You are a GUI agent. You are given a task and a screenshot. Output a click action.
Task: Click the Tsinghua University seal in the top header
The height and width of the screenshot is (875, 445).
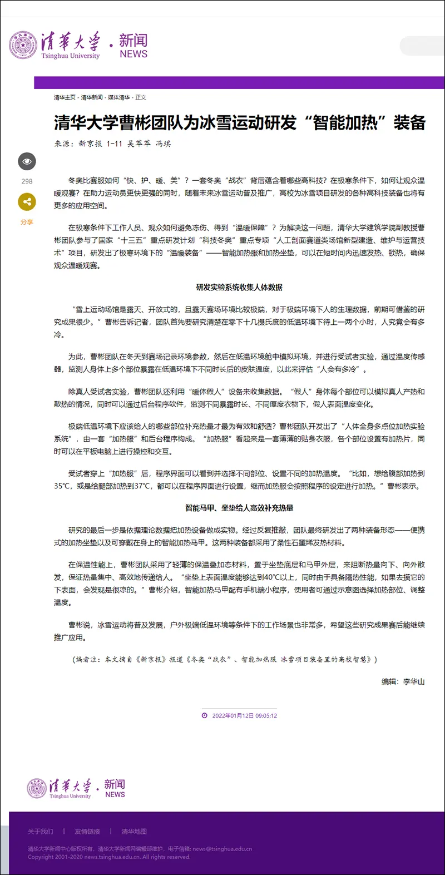pyautogui.click(x=23, y=45)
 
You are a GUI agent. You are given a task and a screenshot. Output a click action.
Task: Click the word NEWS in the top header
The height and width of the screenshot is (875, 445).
pyautogui.click(x=133, y=54)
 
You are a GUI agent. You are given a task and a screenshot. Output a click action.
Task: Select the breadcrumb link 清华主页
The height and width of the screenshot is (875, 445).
pyautogui.click(x=65, y=97)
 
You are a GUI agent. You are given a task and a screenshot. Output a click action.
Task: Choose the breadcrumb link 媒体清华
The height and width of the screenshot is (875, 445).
pyautogui.click(x=118, y=97)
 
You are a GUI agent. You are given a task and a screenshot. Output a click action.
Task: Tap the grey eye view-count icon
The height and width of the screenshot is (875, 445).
pyautogui.click(x=27, y=162)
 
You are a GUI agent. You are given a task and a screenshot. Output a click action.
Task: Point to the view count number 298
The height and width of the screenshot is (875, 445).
pyautogui.click(x=27, y=181)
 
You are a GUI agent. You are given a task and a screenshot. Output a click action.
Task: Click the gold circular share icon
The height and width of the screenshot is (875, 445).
pyautogui.click(x=27, y=202)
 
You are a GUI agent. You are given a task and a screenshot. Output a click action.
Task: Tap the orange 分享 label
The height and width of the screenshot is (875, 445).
pyautogui.click(x=27, y=222)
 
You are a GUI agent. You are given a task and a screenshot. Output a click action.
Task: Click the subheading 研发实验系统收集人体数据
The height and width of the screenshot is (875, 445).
pyautogui.click(x=239, y=287)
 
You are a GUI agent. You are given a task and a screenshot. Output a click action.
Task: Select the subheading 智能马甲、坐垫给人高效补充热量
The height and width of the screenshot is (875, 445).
pyautogui.click(x=239, y=508)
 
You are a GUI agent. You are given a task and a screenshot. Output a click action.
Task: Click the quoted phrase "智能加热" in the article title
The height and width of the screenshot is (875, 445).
pyautogui.click(x=345, y=122)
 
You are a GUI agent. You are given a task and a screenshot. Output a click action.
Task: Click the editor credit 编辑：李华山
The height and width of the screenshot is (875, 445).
pyautogui.click(x=403, y=681)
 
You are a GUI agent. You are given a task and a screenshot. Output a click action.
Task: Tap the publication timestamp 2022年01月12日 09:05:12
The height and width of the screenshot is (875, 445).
pyautogui.click(x=244, y=715)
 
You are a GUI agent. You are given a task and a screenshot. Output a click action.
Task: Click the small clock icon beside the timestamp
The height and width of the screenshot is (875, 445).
pyautogui.click(x=205, y=715)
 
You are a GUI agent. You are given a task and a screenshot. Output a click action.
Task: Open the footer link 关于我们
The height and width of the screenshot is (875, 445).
pyautogui.click(x=41, y=832)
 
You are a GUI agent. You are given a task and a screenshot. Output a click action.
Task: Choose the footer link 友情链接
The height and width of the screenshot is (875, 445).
pyautogui.click(x=87, y=832)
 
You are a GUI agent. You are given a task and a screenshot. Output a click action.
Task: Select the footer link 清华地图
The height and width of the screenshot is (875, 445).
pyautogui.click(x=134, y=832)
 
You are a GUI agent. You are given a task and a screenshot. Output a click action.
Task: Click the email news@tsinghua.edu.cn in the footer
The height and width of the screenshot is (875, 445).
pyautogui.click(x=222, y=849)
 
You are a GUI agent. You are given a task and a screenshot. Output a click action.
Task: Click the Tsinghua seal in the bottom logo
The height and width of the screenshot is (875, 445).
pyautogui.click(x=37, y=788)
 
